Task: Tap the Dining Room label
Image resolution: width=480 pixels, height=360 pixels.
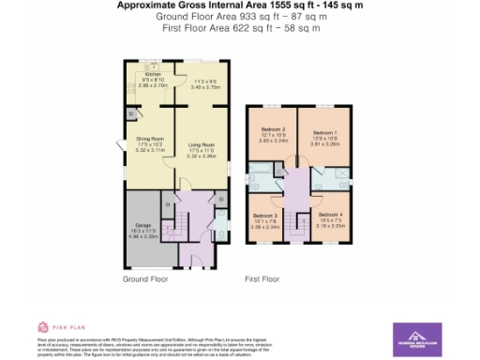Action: tap(150, 140)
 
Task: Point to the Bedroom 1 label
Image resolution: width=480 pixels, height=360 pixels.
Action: tap(323, 132)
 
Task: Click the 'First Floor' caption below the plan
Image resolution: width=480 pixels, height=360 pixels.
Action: tap(263, 279)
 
